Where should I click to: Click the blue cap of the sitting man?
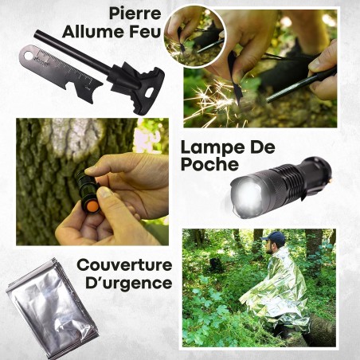tap(276, 237)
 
